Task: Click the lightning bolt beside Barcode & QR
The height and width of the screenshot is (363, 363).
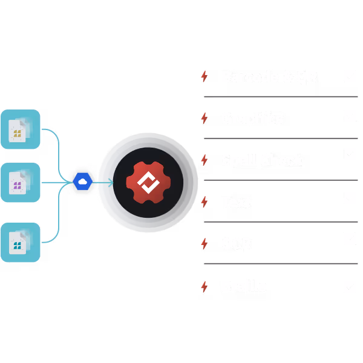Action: [204, 77]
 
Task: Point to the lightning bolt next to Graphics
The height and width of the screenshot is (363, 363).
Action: [204, 119]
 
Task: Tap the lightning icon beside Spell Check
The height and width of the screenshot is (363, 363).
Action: [204, 160]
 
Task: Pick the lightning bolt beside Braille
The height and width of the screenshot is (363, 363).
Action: [204, 286]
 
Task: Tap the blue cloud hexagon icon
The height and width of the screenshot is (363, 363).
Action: [82, 181]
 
